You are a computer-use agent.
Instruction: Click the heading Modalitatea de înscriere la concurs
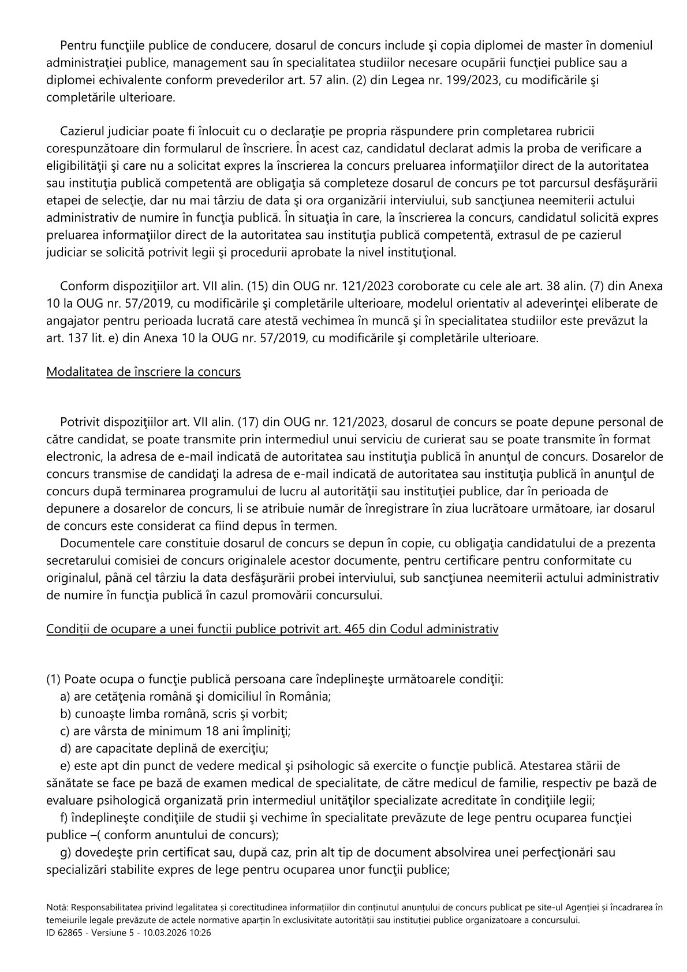pyautogui.click(x=143, y=372)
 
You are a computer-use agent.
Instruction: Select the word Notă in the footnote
pyautogui.click(x=57, y=907)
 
